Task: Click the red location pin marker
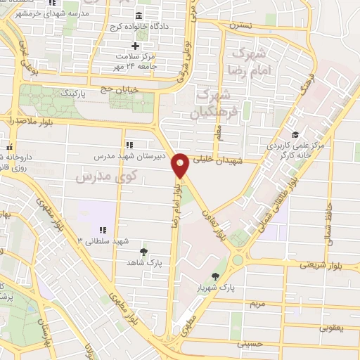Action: click(x=181, y=165)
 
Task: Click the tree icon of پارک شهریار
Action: click(x=214, y=276)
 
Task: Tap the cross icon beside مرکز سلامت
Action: click(x=136, y=46)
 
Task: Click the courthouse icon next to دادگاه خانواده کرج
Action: click(x=137, y=16)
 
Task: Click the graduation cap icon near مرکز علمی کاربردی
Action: click(x=295, y=134)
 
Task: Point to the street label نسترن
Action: click(x=240, y=24)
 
